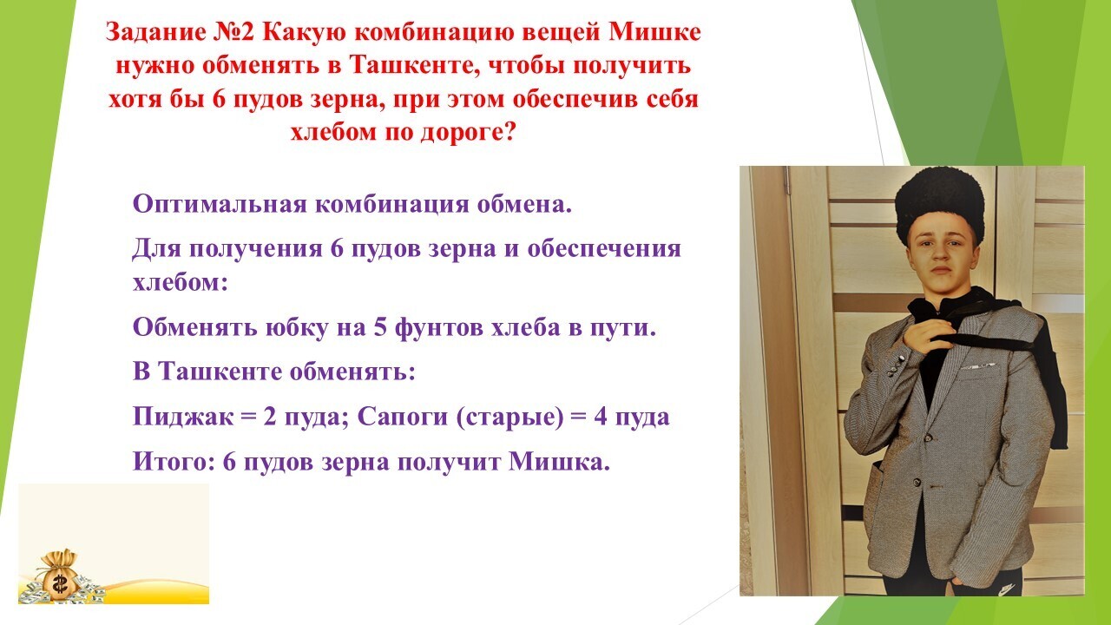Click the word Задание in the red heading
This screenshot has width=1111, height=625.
tap(154, 34)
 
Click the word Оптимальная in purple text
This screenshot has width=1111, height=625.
tap(220, 204)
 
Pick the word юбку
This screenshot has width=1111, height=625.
tap(297, 327)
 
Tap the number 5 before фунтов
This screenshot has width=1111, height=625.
tap(380, 328)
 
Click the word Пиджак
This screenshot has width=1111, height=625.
tap(182, 417)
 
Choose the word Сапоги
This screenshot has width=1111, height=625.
tap(402, 417)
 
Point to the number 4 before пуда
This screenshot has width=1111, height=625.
tap(600, 417)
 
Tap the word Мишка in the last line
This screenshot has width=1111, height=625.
tap(559, 462)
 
